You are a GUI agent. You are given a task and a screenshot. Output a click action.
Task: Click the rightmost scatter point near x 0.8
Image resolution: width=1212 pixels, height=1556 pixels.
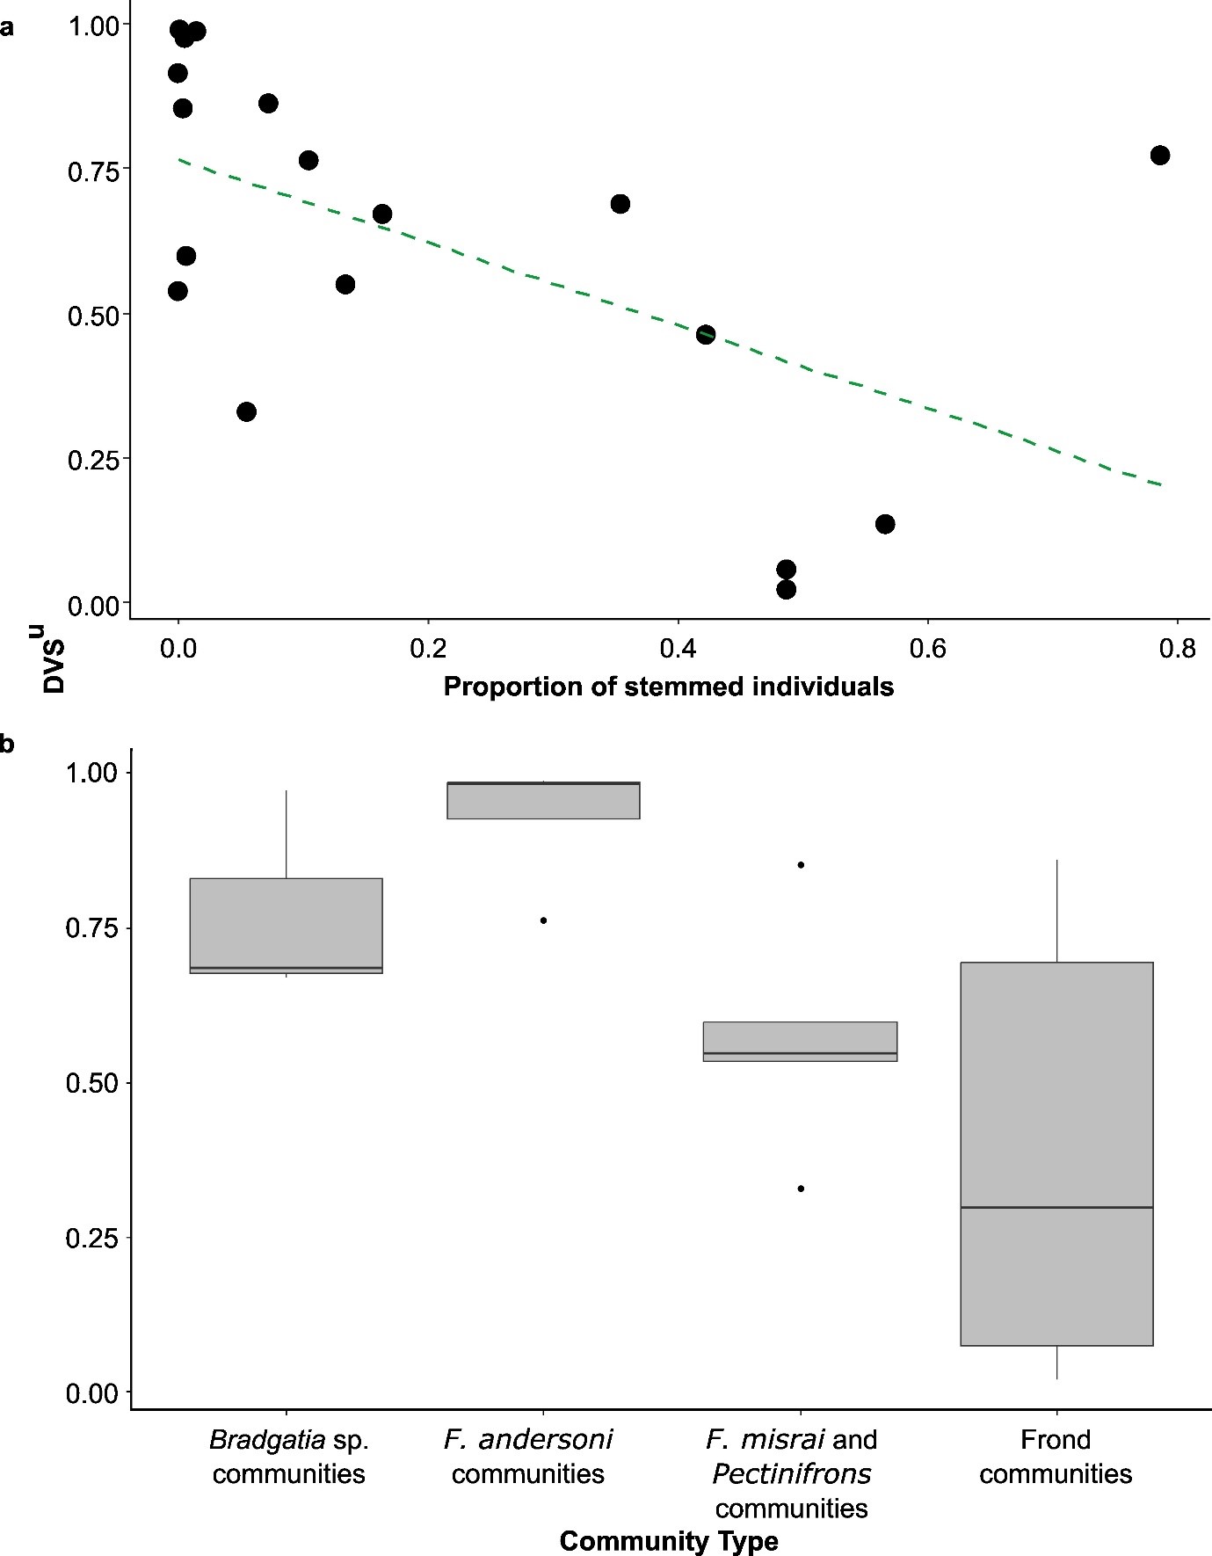1159,156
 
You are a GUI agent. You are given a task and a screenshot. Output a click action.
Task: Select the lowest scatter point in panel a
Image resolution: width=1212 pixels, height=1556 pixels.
786,589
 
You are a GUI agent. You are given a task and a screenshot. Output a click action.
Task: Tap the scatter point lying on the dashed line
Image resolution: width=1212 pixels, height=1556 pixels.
705,335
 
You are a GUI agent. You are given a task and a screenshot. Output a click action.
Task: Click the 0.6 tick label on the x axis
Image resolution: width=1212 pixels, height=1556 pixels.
927,649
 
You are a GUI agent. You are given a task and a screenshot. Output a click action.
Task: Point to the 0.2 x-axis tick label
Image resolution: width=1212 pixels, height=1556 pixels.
428,649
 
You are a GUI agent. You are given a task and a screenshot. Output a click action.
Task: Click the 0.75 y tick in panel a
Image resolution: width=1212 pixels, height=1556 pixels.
93,171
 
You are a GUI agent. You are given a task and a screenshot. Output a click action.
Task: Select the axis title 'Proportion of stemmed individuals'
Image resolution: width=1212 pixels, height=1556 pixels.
668,687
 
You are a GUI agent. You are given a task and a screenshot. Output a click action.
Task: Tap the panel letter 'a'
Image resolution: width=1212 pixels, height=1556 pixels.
7,27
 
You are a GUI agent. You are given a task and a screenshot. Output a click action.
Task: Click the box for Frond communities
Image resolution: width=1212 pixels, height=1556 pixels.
1056,1099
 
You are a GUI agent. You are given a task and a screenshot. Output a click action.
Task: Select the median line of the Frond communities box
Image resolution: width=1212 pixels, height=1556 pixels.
1056,1207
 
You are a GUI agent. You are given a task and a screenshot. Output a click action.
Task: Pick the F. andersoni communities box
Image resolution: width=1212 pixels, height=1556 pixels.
543,800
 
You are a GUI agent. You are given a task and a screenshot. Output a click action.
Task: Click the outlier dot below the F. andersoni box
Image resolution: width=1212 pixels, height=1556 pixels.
543,920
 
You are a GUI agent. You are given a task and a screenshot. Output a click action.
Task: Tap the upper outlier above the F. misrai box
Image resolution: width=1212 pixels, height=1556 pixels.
801,865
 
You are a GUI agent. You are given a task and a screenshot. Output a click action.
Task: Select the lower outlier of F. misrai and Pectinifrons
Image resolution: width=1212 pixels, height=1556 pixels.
801,1189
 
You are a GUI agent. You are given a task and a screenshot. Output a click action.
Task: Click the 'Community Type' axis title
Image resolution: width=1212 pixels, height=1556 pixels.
668,1541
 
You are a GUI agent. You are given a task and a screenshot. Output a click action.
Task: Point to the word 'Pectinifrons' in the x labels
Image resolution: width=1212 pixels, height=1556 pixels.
791,1473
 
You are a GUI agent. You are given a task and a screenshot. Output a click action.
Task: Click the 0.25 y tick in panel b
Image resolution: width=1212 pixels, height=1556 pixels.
91,1238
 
